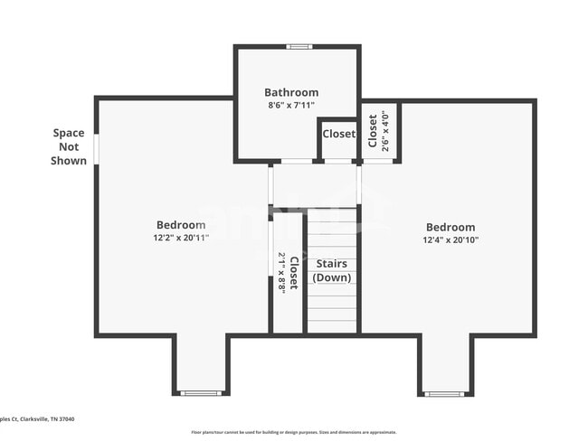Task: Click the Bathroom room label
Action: tap(291, 92)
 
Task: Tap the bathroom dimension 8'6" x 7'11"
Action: tap(291, 105)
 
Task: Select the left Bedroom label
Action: tap(181, 225)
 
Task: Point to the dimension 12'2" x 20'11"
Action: tap(181, 238)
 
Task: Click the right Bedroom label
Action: tap(450, 228)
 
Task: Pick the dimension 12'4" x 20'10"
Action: tap(450, 240)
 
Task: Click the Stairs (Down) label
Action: tap(332, 270)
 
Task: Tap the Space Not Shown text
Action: tap(70, 146)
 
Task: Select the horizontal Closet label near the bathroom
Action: tap(339, 134)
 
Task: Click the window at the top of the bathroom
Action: tap(299, 46)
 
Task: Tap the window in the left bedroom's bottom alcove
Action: tap(201, 393)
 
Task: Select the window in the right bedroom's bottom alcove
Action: tap(445, 394)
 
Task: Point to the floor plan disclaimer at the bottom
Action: tap(293, 432)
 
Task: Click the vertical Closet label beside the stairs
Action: tap(293, 272)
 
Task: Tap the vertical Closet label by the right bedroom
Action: tap(373, 130)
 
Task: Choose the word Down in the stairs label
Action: tap(332, 277)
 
